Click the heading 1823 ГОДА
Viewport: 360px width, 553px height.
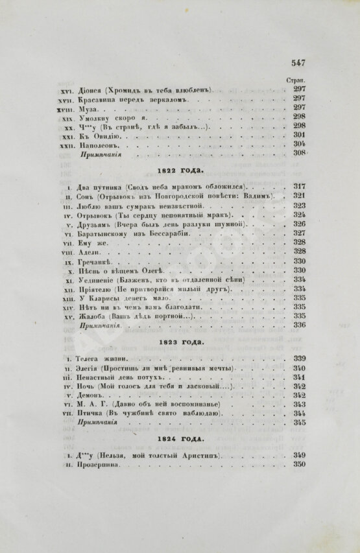pyautogui.click(x=180, y=340)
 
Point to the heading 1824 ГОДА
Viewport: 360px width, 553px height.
pyautogui.click(x=180, y=440)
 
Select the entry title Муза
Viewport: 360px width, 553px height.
pyautogui.click(x=88, y=108)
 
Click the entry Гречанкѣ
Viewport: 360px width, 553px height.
pyautogui.click(x=97, y=261)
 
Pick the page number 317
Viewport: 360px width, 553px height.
pyautogui.click(x=299, y=187)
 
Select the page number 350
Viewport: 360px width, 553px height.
pyautogui.click(x=299, y=464)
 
